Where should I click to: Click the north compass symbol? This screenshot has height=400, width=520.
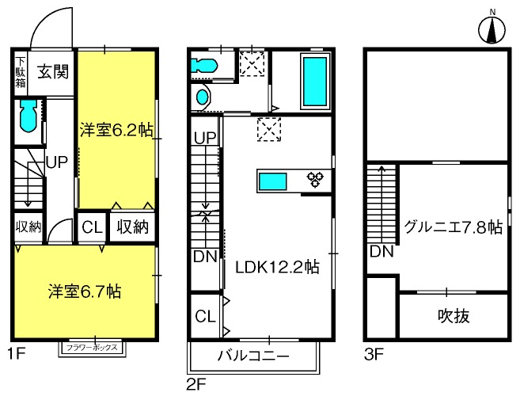(492, 29)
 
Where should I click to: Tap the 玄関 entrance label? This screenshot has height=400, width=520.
(53, 72)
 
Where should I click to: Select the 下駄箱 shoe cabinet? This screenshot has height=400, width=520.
(21, 73)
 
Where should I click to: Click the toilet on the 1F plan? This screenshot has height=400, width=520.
(28, 116)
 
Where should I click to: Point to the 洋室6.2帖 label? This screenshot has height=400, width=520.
(116, 130)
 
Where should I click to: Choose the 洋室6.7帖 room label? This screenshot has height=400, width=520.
(85, 291)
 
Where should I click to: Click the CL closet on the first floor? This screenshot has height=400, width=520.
(92, 227)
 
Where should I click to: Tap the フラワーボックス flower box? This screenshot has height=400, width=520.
(92, 348)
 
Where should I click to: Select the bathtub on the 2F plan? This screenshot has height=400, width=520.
(315, 82)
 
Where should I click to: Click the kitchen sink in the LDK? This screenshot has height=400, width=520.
(272, 181)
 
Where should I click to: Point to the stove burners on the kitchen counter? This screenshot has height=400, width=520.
(315, 180)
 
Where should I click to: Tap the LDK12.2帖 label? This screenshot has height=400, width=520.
(277, 267)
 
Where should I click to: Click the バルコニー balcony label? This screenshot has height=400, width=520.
(253, 356)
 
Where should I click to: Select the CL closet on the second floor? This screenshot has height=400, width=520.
(205, 316)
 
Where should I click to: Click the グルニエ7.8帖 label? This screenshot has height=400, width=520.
(453, 227)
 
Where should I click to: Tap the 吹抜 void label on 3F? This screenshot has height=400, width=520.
(454, 316)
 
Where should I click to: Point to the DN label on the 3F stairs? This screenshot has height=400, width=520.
(381, 252)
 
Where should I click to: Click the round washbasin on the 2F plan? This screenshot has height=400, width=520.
(203, 97)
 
